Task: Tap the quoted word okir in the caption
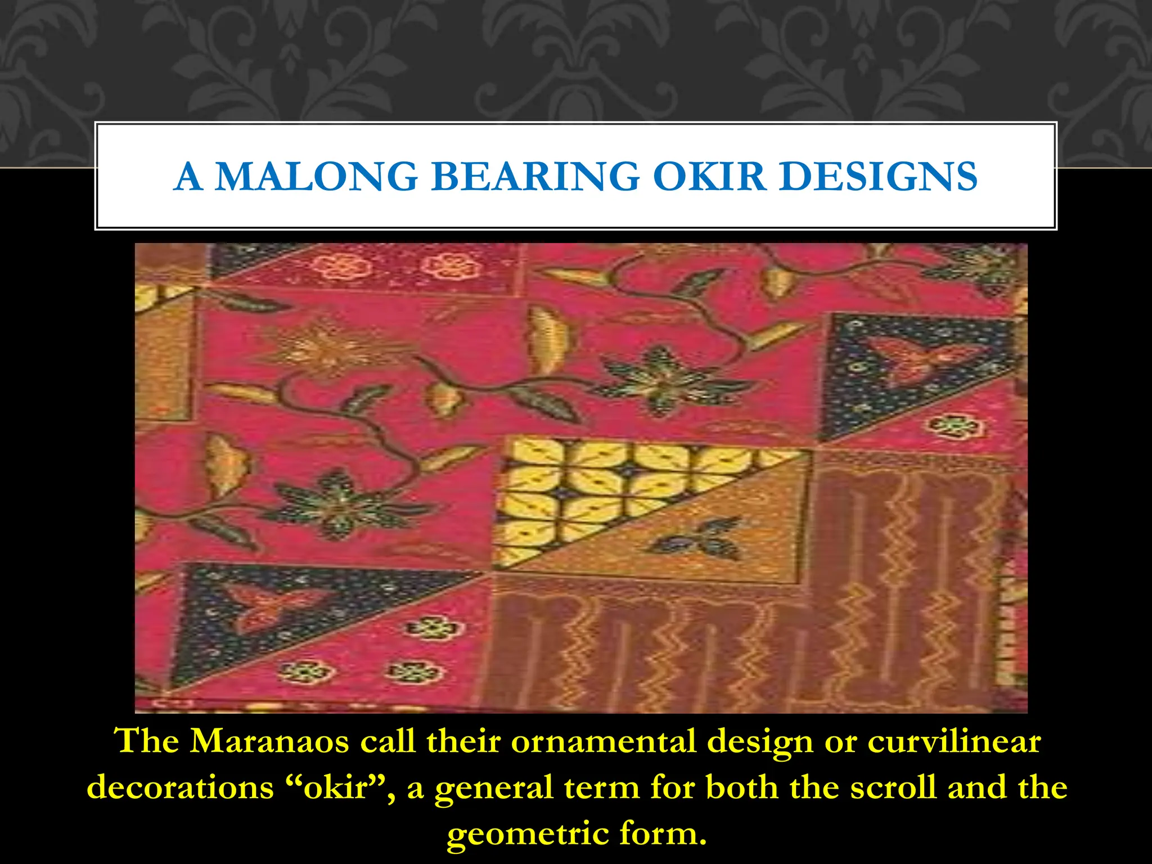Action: tap(337, 787)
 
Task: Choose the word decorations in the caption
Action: tap(180, 787)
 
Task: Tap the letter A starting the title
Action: tap(188, 177)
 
